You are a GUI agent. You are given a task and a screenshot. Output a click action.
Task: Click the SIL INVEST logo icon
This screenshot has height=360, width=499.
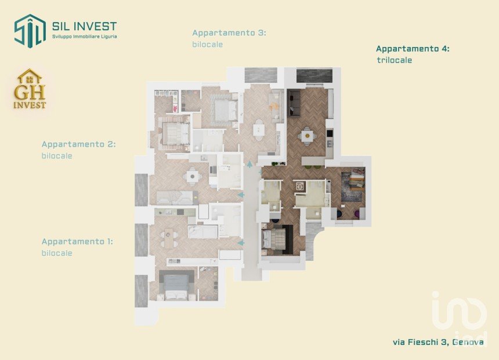point(30,31)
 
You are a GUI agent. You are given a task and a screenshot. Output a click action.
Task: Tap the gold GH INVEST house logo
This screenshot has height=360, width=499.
point(30,89)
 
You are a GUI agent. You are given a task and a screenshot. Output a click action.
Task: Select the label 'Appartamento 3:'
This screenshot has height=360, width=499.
point(229,33)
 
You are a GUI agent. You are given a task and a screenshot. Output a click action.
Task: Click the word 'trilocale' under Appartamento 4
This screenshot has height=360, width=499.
point(395,60)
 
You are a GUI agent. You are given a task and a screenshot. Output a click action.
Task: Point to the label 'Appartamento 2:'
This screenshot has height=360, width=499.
point(78,144)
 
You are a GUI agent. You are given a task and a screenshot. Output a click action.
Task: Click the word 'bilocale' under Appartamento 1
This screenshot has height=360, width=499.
point(57,253)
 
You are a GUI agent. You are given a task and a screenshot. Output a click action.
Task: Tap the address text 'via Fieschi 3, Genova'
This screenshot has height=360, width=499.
point(438,342)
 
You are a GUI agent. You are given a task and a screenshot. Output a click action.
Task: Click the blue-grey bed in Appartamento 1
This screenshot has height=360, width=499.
point(176,286)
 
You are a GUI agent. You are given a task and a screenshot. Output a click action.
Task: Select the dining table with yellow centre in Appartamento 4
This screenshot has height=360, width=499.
point(307,136)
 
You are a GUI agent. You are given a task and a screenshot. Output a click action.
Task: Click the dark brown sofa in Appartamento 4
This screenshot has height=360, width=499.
point(295,103)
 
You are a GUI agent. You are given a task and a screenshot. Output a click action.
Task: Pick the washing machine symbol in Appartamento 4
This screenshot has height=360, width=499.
point(300,186)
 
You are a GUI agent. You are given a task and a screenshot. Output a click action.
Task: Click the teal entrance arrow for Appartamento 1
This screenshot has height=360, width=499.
point(241,243)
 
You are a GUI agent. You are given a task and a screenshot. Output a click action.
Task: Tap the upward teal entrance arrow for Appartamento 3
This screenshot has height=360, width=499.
point(250,164)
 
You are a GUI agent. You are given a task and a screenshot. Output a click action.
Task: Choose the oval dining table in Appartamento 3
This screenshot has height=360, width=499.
point(259,130)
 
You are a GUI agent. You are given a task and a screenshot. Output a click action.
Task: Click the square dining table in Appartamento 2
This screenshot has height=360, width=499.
point(193,176)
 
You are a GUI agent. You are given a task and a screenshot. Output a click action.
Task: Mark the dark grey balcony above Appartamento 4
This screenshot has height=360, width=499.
point(314,75)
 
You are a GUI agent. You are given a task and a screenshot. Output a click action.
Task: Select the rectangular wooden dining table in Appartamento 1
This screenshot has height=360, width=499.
point(169,238)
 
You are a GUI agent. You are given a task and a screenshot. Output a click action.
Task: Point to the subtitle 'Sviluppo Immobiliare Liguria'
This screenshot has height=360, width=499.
point(84,37)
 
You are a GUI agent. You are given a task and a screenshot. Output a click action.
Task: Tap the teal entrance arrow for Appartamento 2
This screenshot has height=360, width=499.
point(241,195)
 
